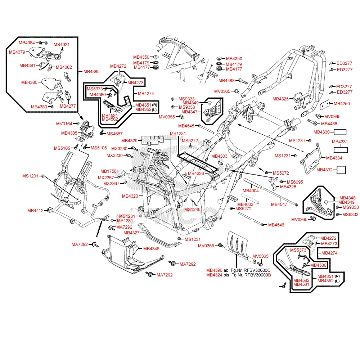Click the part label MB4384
[x=27, y=43]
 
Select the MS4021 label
[x=62, y=45]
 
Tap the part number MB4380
[x=29, y=82]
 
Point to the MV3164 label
[x=64, y=124]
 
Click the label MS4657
[x=115, y=134]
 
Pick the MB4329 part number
[x=129, y=140]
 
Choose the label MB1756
[x=108, y=171]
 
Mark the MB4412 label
[x=35, y=211]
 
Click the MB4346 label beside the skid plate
[x=151, y=248]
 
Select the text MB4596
[x=214, y=270]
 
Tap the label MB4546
[x=276, y=225]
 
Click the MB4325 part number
[x=280, y=99]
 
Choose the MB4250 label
[x=342, y=104]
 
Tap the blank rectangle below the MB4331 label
[x=340, y=150]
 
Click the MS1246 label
[x=192, y=209]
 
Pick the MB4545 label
[x=186, y=126]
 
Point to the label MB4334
[x=334, y=158]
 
